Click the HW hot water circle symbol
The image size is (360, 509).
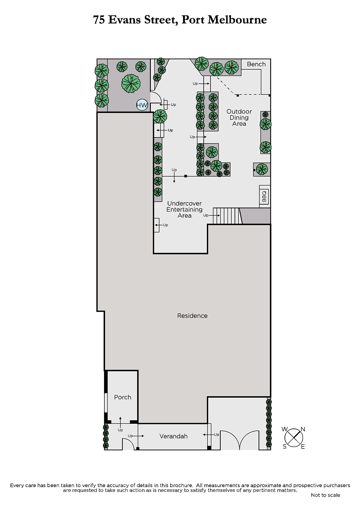(142, 105)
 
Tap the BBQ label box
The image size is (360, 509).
(264, 196)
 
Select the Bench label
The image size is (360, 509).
(256, 64)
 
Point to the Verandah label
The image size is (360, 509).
(173, 436)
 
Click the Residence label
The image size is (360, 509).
(192, 316)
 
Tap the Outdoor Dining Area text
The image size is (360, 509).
(239, 117)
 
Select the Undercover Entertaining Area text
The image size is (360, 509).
(184, 210)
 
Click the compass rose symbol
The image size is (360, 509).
(293, 438)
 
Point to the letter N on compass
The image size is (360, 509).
(303, 429)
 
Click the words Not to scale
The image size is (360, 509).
(325, 495)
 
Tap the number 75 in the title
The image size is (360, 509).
(99, 20)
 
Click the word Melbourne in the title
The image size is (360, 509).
(237, 20)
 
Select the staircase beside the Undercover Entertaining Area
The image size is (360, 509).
(227, 216)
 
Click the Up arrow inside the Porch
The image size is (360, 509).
(120, 422)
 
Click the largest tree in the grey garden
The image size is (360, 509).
(131, 84)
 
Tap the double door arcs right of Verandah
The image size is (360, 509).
(239, 440)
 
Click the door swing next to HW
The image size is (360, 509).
(156, 97)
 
